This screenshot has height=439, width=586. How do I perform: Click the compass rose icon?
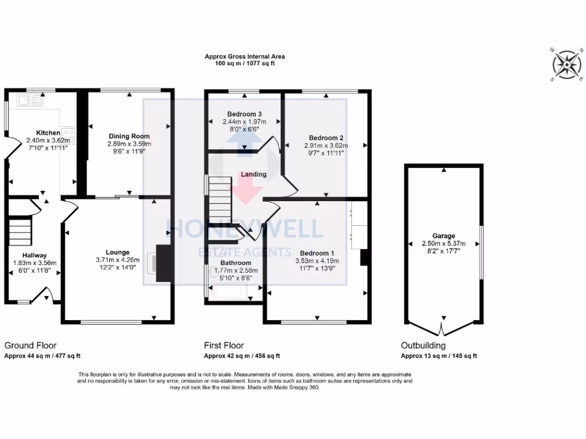click(566, 64)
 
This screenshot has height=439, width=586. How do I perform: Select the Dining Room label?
click(129, 136)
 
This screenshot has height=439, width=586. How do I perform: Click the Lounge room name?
click(117, 252)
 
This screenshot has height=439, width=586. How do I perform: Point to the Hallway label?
click(34, 255)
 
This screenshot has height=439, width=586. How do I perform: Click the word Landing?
click(254, 174)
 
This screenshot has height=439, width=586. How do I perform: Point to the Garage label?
click(444, 236)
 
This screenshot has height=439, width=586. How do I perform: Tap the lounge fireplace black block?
click(165, 263)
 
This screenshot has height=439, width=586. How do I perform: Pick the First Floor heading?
click(224, 345)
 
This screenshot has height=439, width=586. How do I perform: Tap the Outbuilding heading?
click(423, 345)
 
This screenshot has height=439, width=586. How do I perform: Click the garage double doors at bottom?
click(442, 330)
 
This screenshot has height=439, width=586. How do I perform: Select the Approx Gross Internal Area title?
click(244, 57)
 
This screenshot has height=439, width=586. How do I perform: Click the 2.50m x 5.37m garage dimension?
click(444, 243)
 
